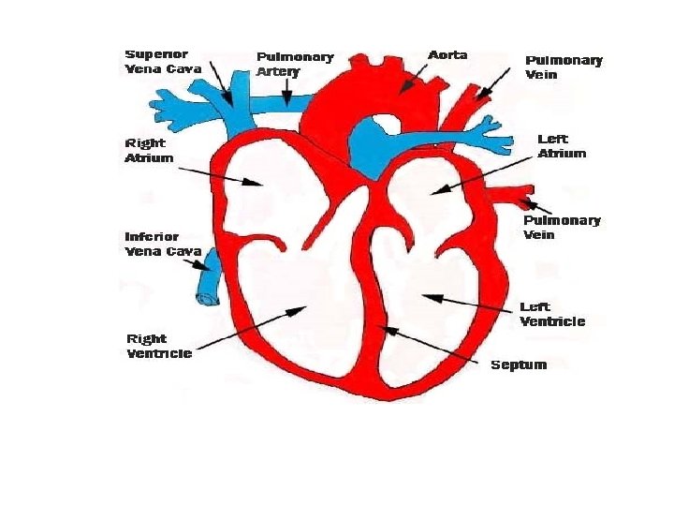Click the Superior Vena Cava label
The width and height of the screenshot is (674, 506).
tap(163, 61)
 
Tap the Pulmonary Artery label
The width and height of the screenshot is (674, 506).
tap(295, 64)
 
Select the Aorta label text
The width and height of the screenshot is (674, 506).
tap(447, 55)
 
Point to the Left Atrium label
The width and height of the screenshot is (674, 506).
tap(562, 146)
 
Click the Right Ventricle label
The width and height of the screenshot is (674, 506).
tap(159, 346)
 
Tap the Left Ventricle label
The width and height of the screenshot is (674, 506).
tap(552, 314)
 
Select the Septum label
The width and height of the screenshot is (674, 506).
tap(519, 365)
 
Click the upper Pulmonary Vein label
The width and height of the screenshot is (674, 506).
tap(564, 66)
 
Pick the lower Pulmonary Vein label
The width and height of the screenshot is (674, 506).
tap(562, 227)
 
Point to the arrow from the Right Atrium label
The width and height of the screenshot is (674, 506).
tap(220, 176)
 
